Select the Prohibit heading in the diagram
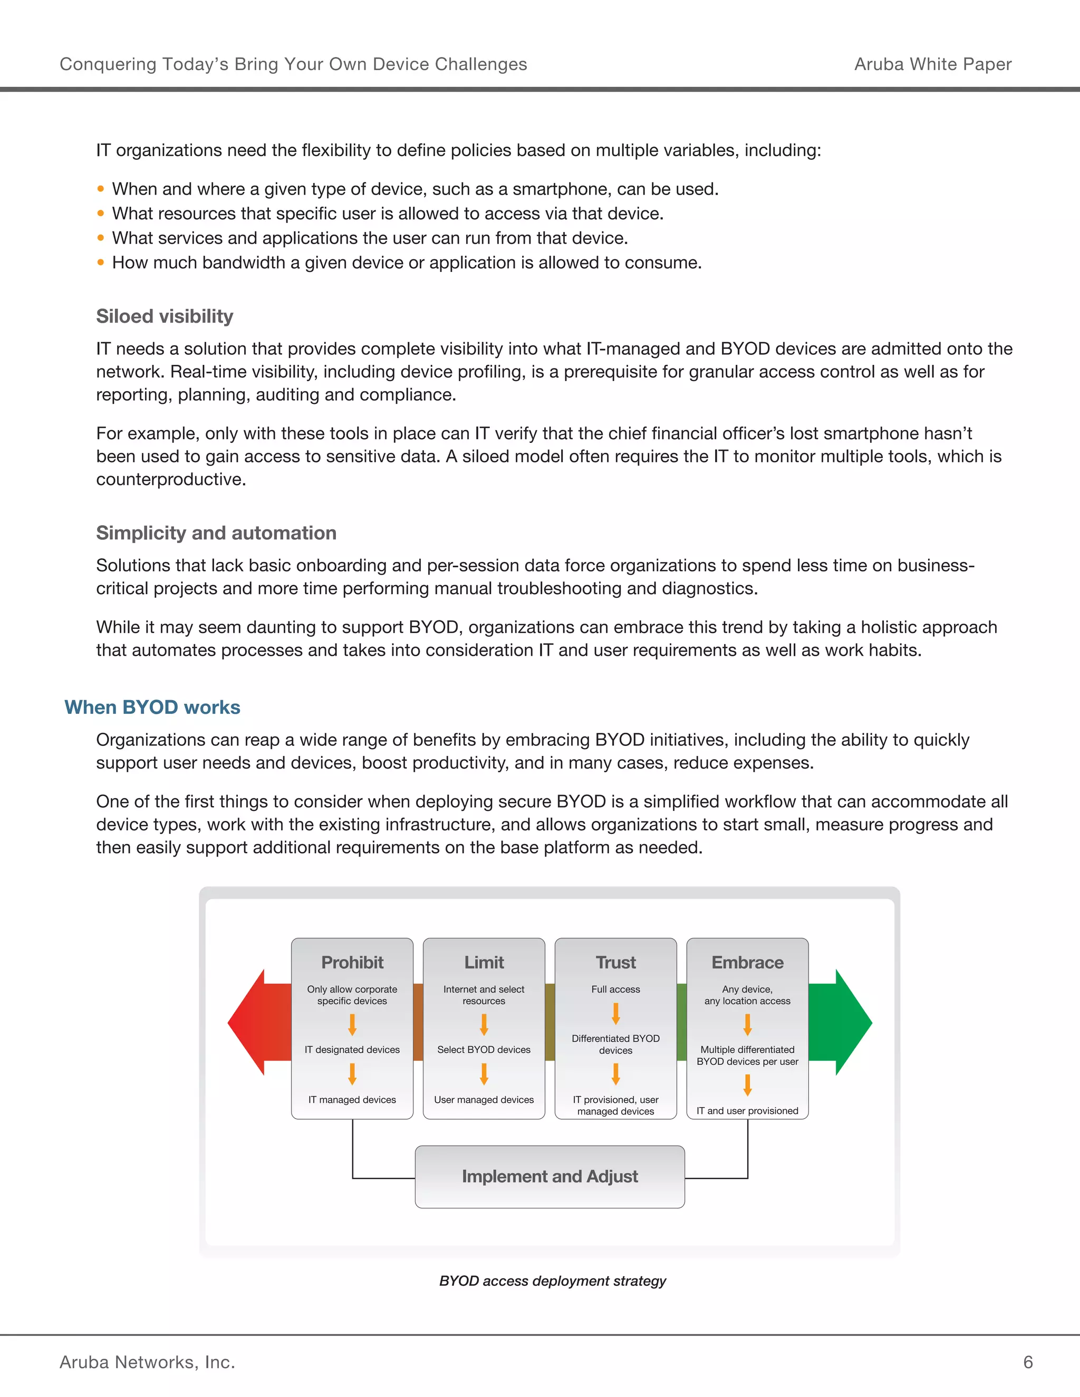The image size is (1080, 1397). click(x=352, y=962)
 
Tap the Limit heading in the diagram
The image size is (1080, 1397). click(x=484, y=962)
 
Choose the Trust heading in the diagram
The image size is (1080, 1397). click(x=615, y=962)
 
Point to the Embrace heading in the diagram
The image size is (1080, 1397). click(x=747, y=962)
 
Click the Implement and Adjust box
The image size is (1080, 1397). click(x=549, y=1176)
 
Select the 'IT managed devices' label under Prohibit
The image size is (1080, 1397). click(x=352, y=1100)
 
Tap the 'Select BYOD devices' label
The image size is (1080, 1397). click(x=484, y=1050)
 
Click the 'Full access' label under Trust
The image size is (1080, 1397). click(x=615, y=989)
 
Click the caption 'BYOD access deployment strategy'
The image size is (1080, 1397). click(x=552, y=1280)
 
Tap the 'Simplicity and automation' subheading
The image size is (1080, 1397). click(x=216, y=533)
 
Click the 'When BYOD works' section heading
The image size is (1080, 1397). click(x=152, y=707)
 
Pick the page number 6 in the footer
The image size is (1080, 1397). click(x=1028, y=1362)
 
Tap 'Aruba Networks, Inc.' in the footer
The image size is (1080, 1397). click(x=147, y=1362)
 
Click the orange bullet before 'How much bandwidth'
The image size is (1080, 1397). click(x=100, y=262)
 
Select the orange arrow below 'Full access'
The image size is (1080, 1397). click(x=615, y=1013)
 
